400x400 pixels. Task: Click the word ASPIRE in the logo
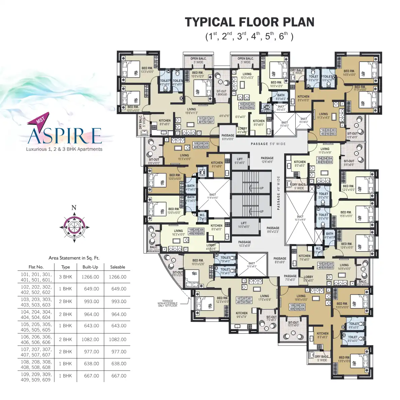click(64, 135)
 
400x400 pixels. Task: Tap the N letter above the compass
click(74, 208)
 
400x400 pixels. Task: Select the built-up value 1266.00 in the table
click(91, 277)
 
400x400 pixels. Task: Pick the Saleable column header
click(118, 267)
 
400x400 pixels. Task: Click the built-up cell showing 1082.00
click(91, 339)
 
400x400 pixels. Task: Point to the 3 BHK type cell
click(66, 277)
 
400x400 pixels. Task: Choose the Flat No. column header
click(36, 267)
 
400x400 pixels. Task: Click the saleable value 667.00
click(119, 376)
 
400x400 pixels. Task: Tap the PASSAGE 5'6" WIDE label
click(268, 144)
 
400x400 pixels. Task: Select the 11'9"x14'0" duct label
click(213, 196)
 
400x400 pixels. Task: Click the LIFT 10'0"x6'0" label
click(244, 225)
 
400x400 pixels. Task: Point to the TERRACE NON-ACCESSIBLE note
click(167, 303)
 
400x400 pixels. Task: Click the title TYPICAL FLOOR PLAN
click(249, 22)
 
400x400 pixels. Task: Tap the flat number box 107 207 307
click(244, 300)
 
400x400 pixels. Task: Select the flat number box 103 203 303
click(328, 132)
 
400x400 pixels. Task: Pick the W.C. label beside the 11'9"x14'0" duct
click(202, 217)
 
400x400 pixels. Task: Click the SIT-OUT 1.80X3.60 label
click(222, 93)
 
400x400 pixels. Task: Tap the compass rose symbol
click(74, 227)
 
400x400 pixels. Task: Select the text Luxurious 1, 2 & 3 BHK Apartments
click(64, 149)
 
